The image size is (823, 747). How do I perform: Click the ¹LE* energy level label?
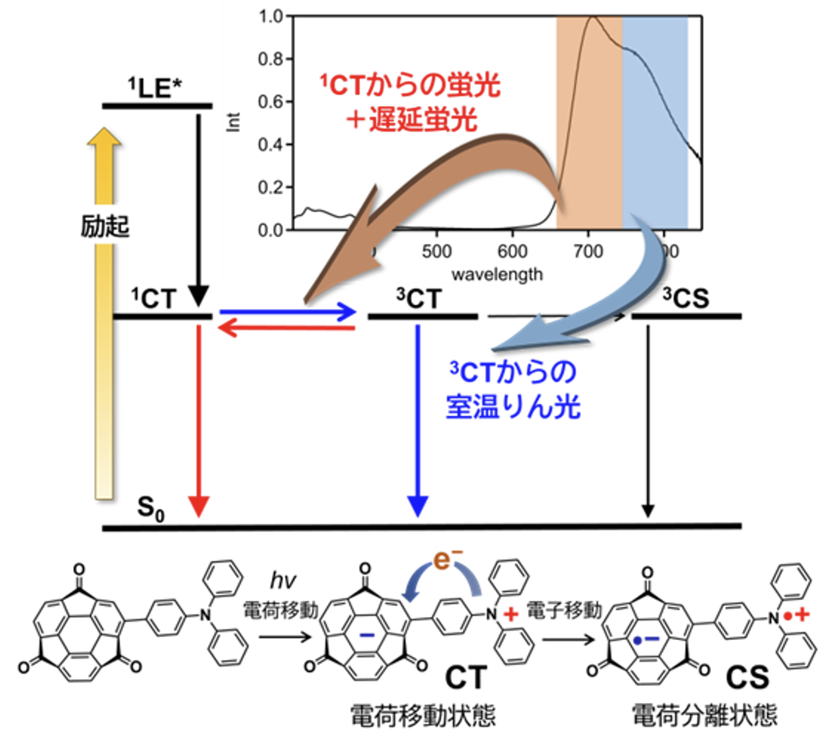[155, 88]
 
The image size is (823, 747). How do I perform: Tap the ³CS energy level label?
[686, 298]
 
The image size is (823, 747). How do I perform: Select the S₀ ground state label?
[150, 508]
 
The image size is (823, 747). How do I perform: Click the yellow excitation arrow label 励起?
[105, 226]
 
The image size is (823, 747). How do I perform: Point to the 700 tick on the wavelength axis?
[588, 251]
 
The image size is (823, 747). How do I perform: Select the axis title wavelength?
[497, 274]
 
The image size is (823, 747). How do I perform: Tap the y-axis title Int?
[233, 122]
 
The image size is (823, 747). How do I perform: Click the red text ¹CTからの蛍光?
[410, 85]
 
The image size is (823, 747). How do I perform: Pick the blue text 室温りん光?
[513, 407]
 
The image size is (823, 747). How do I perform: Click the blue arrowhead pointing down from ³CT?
[417, 506]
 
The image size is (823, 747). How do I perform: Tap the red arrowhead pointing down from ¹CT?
[199, 506]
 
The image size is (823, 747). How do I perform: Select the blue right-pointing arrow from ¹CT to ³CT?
[288, 312]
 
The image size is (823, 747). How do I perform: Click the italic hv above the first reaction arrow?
[283, 580]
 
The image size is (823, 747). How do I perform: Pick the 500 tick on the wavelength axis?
[436, 251]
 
